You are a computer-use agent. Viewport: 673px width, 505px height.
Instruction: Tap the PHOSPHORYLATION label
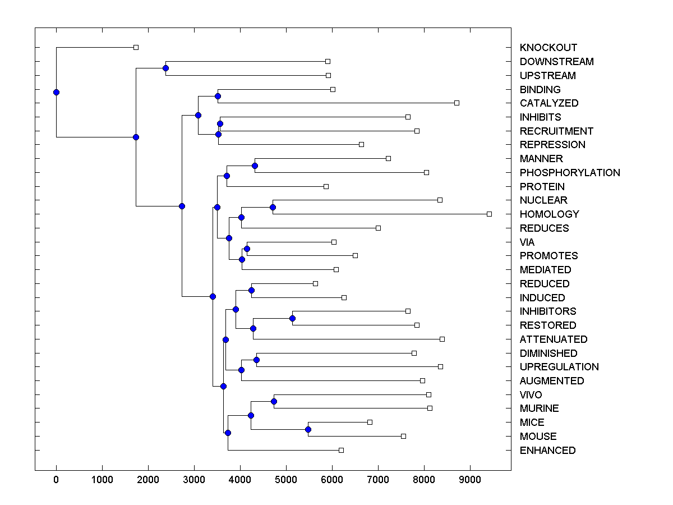point(570,173)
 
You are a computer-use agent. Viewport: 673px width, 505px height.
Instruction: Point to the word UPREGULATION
point(559,367)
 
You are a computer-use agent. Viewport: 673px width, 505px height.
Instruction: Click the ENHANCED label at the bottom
point(547,451)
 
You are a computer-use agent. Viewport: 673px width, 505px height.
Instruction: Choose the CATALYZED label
point(549,103)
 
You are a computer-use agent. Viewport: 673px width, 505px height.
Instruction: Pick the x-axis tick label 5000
point(286,479)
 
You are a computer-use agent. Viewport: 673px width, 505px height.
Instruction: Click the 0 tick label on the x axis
point(56,479)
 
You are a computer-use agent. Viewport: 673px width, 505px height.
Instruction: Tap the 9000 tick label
point(470,479)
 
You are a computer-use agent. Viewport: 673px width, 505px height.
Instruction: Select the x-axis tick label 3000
point(194,479)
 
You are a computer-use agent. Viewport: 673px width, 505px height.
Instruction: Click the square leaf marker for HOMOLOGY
point(489,214)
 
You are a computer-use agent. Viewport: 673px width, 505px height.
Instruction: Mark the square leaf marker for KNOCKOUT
point(136,47)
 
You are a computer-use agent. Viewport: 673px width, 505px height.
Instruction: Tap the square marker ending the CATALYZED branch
point(457,103)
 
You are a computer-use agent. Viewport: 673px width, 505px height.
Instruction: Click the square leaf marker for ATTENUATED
point(442,339)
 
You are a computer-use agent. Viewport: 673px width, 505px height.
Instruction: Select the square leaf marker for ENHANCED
point(341,450)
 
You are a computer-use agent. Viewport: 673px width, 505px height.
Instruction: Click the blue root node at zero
point(56,92)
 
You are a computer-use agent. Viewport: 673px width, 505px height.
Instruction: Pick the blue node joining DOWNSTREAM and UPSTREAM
point(165,68)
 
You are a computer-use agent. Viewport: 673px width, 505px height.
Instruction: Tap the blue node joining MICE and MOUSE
point(308,429)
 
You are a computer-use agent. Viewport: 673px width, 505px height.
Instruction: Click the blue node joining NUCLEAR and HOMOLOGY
point(273,207)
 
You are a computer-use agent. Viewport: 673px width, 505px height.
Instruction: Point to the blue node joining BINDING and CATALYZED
point(218,96)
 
